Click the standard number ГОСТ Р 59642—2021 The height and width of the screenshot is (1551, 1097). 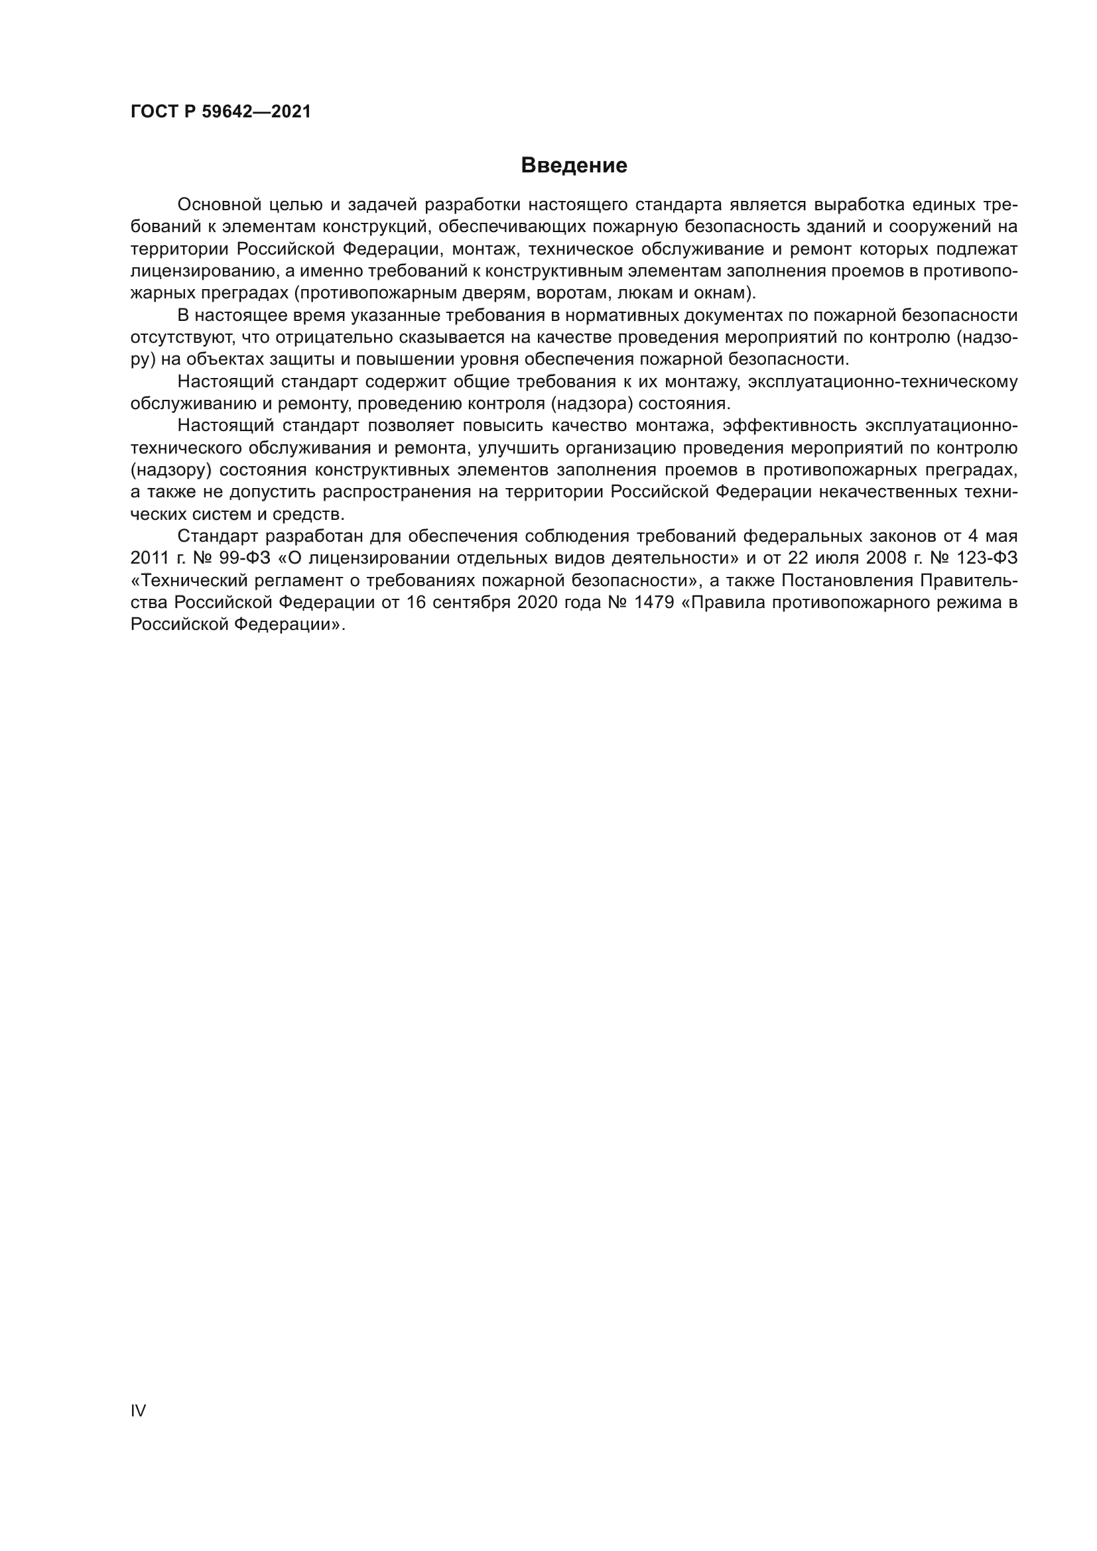coord(221,112)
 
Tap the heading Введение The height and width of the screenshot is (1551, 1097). coord(574,166)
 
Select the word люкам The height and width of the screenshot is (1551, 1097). coord(643,293)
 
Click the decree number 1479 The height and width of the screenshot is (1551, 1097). coord(654,603)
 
